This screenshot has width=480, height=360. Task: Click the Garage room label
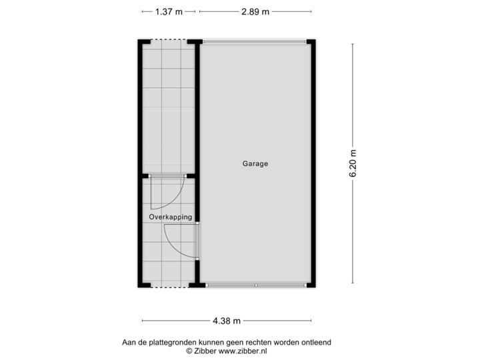[x=255, y=163]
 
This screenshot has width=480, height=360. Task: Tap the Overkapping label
[x=170, y=217]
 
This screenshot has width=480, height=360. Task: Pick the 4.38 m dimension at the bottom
[x=227, y=321]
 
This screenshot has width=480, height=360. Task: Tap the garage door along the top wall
[x=254, y=41]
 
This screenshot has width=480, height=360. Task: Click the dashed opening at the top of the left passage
[x=169, y=41]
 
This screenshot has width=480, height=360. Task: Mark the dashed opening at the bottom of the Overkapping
[x=169, y=286]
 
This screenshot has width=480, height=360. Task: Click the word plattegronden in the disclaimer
[x=164, y=342]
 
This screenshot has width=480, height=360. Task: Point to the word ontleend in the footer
[x=316, y=342]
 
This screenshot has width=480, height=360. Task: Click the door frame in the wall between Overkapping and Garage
[x=198, y=241]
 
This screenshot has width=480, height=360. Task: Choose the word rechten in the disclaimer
[x=253, y=342]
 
